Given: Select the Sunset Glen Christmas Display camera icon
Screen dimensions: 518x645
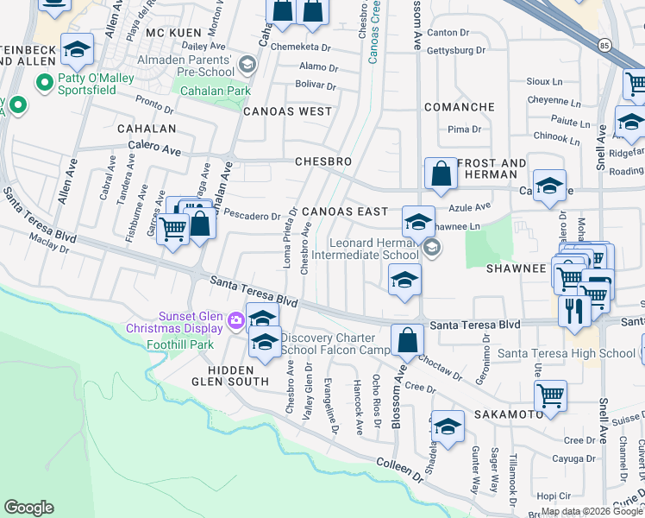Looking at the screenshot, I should tap(236, 321).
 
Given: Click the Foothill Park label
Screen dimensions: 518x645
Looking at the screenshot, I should tap(189, 344).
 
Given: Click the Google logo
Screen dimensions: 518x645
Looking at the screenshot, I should tap(28, 508).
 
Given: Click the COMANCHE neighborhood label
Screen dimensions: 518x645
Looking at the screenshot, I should tap(459, 107).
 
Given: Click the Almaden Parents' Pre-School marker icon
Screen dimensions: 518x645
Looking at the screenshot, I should tap(248, 65).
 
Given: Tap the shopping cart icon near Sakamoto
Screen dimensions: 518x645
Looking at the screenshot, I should tap(550, 396).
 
